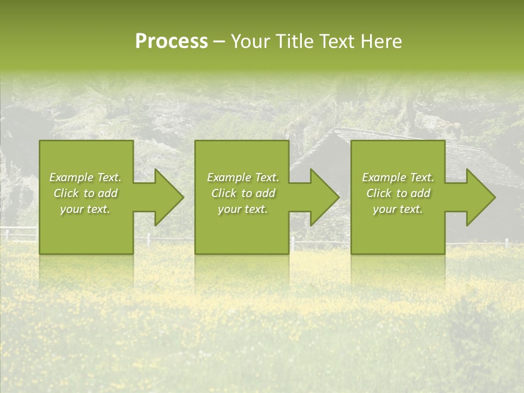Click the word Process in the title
point(171,41)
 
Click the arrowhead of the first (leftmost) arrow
point(168,197)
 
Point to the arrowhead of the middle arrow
point(324,197)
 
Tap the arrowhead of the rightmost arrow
point(480,197)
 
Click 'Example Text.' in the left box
point(85,177)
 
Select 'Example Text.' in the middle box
point(243,177)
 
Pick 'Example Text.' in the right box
point(398,177)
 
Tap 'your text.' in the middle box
point(242,209)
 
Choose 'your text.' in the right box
point(397,209)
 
